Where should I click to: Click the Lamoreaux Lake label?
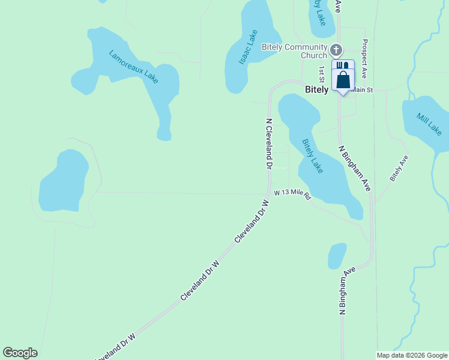134,66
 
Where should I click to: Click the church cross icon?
337,50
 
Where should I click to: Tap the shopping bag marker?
343,80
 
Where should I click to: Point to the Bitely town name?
317,89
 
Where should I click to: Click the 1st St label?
322,74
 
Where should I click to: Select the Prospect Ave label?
364,59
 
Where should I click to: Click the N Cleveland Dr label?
270,143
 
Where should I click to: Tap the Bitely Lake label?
312,156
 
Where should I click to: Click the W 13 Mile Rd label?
293,194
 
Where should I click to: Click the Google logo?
20,353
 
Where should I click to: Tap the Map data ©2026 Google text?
412,355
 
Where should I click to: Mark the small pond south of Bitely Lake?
337,256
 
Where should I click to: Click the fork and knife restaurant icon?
340,65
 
